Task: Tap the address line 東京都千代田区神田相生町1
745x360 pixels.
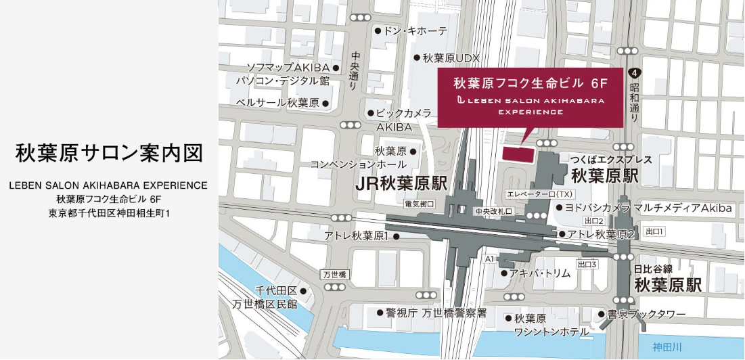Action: [x=109, y=213]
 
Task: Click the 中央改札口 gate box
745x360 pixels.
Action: [x=495, y=211]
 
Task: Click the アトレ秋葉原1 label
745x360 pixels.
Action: [x=357, y=236]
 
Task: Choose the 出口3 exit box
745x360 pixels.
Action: [x=586, y=264]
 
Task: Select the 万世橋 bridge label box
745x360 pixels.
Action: [x=334, y=275]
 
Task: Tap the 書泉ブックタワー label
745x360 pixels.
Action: [x=646, y=314]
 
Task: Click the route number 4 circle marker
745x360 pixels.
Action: [x=633, y=72]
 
